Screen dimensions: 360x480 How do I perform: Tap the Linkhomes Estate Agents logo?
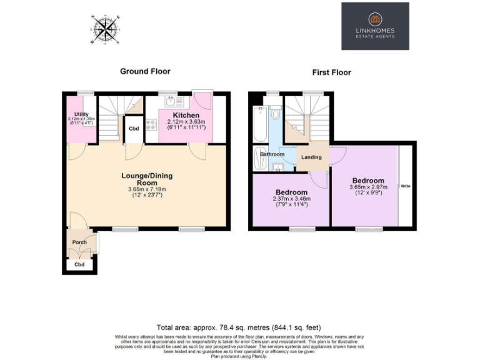tap(375, 26)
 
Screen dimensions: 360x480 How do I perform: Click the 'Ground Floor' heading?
tap(145, 71)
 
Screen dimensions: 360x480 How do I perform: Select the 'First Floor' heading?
tap(331, 72)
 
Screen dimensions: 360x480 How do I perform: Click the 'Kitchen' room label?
tap(186, 116)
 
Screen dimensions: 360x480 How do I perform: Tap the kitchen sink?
tap(171, 102)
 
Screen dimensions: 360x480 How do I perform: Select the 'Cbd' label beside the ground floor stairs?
tap(133, 129)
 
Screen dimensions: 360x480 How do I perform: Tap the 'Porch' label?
tap(79, 242)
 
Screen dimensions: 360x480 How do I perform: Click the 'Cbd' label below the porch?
tap(79, 264)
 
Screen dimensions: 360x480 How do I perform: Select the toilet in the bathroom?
tap(276, 114)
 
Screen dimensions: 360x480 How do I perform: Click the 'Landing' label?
tap(311, 157)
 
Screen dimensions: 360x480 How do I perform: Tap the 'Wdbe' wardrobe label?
tap(406, 186)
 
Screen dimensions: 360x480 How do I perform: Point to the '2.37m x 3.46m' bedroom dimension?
tap(292, 199)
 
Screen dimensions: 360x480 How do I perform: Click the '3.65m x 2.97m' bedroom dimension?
tap(369, 187)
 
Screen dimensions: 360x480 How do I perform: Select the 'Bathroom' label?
tap(272, 154)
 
